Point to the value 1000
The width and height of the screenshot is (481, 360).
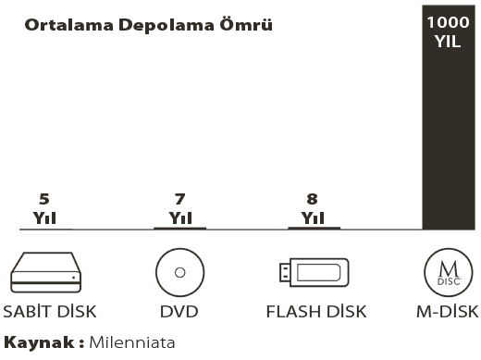[448, 22]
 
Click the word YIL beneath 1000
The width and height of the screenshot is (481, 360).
[448, 41]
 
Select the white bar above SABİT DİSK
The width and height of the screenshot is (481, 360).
[47, 206]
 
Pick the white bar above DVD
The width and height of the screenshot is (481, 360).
[182, 204]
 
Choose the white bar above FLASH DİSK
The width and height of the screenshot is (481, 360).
[311, 198]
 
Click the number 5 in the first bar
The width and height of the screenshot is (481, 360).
[44, 199]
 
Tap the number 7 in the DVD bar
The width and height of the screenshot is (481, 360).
[180, 198]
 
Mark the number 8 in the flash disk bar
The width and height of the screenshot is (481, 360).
[312, 199]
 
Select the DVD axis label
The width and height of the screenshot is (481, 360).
[179, 311]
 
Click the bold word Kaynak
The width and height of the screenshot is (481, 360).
[41, 342]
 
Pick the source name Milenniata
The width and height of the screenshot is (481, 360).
[132, 342]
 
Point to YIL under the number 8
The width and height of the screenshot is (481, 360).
[312, 217]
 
